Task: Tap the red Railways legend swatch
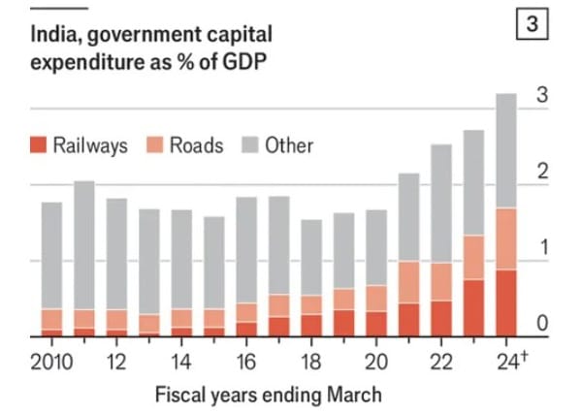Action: pos(38,145)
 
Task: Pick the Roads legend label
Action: pos(196,145)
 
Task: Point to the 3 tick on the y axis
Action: pos(543,95)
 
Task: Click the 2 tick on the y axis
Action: pos(543,172)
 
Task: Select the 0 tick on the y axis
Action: pos(543,323)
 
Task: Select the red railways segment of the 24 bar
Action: pos(506,303)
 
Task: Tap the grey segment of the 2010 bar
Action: pos(51,256)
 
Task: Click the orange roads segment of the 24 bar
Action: pos(506,239)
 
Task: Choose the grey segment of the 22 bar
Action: pos(441,204)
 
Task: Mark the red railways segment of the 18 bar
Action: pos(311,326)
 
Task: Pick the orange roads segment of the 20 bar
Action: pos(376,299)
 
